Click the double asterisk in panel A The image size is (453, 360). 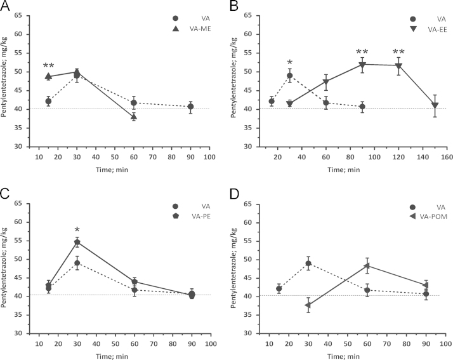pos(49,66)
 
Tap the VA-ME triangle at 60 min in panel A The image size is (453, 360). pos(134,117)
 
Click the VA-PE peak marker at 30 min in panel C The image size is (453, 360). pos(77,242)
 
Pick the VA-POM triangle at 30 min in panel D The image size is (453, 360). pos(308,305)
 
